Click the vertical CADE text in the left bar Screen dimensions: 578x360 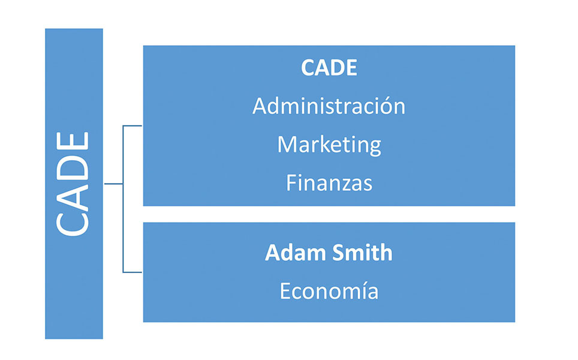pos(72,184)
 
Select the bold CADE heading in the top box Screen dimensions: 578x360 pos(329,68)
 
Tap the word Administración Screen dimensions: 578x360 pos(329,106)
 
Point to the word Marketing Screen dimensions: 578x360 pos(329,145)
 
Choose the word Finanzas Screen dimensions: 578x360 pos(329,182)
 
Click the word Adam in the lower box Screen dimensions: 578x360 pos(296,253)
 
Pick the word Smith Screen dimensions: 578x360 pos(362,253)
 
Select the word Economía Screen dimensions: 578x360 pos(329,290)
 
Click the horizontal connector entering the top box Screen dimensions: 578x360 pos(133,126)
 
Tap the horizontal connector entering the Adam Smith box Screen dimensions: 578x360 pos(133,272)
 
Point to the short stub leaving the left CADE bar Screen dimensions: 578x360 pos(113,184)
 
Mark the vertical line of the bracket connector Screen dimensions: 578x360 pos(123,199)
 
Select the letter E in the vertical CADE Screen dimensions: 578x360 pos(72,140)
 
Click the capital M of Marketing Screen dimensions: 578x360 pos(286,144)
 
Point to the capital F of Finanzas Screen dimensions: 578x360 pos(291,182)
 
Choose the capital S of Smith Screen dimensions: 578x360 pos(339,253)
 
